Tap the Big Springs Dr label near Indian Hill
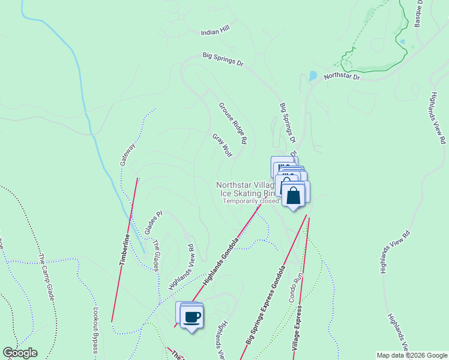(223, 58)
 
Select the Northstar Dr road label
(342, 77)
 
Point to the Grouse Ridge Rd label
(233, 123)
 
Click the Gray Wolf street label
(222, 145)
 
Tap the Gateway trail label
(127, 154)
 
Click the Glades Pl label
(154, 223)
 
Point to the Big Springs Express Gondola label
(264, 305)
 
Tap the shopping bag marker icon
(294, 196)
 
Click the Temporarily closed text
(251, 202)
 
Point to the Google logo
(20, 353)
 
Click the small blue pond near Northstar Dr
(312, 76)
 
